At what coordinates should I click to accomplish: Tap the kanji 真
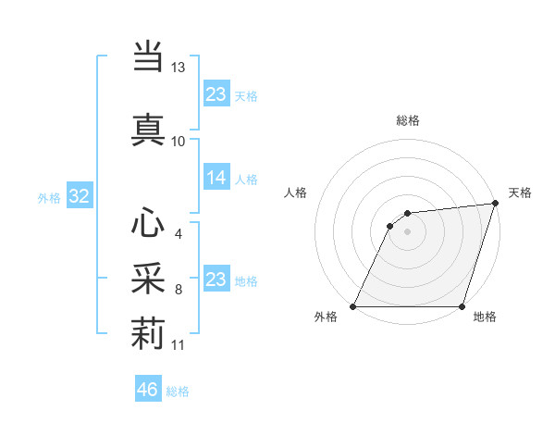[148, 129]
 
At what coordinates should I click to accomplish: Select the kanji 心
[148, 223]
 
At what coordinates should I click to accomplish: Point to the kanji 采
[148, 277]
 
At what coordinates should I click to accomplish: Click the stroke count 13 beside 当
[179, 68]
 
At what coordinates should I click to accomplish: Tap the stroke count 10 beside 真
[179, 141]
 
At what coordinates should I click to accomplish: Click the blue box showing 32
[79, 196]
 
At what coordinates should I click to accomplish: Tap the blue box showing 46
[148, 390]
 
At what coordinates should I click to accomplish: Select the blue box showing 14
[216, 178]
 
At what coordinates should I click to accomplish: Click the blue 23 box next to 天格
[216, 94]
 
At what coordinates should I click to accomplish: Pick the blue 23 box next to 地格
[216, 280]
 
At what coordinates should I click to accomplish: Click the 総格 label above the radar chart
[408, 120]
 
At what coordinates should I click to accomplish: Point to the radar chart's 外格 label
[326, 317]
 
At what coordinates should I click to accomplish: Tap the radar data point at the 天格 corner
[496, 204]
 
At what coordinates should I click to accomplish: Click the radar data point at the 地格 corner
[462, 306]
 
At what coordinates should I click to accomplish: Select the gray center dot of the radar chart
[407, 231]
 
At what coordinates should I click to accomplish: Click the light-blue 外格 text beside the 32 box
[49, 197]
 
